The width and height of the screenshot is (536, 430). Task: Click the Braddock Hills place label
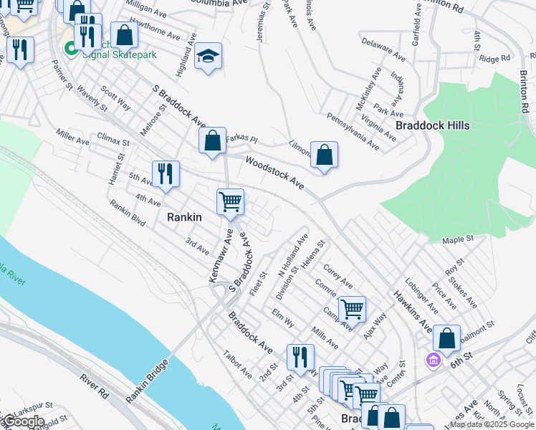pos(433,125)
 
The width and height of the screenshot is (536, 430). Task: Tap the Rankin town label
pos(184,216)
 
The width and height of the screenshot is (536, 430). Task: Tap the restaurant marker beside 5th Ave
pos(165,174)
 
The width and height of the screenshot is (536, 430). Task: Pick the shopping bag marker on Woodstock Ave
pos(324,155)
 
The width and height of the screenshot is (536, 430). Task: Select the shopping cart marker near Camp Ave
pos(352,309)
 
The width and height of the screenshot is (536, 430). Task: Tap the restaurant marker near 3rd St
pos(300,356)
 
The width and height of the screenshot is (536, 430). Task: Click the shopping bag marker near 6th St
pos(446,339)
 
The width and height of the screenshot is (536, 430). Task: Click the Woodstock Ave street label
pos(275,173)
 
